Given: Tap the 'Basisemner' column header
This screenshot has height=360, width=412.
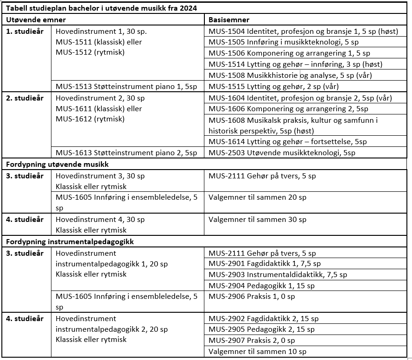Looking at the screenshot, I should pyautogui.click(x=229, y=20).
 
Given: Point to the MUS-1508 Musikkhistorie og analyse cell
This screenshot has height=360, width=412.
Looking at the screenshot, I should pyautogui.click(x=290, y=76).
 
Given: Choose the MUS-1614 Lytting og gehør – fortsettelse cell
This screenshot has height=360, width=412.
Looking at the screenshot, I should pyautogui.click(x=287, y=142).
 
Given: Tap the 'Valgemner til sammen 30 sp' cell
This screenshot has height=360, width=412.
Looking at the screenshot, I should pyautogui.click(x=257, y=219).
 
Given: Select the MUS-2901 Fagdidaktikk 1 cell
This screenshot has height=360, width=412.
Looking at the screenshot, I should pyautogui.click(x=265, y=264).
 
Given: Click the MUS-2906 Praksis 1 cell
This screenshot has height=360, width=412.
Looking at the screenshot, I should pyautogui.click(x=252, y=297).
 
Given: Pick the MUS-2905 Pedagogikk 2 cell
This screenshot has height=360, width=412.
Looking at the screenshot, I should pyautogui.click(x=261, y=329).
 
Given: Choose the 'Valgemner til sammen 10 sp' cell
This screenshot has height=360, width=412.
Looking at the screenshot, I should pyautogui.click(x=257, y=352).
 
